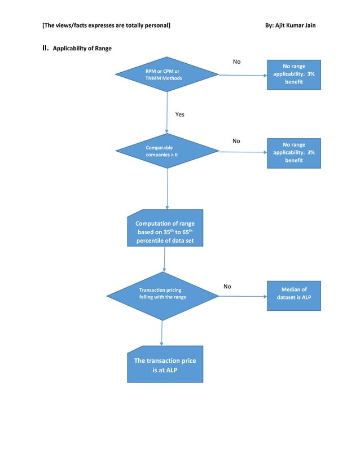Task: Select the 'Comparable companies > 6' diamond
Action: (x=167, y=151)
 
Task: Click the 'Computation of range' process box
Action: (x=165, y=228)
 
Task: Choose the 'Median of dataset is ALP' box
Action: (x=293, y=293)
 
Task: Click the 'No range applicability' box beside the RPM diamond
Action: (x=293, y=74)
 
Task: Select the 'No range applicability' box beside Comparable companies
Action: (x=293, y=153)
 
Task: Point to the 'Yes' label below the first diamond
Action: (x=179, y=115)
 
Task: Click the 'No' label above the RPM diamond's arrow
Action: (x=236, y=61)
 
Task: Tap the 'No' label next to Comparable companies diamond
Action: (x=236, y=141)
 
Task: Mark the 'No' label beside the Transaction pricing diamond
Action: (x=227, y=287)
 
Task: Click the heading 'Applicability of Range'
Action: (x=82, y=49)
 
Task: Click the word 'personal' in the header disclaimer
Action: (x=157, y=25)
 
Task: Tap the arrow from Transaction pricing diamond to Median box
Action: (x=243, y=296)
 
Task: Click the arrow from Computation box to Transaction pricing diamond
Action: (x=164, y=260)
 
